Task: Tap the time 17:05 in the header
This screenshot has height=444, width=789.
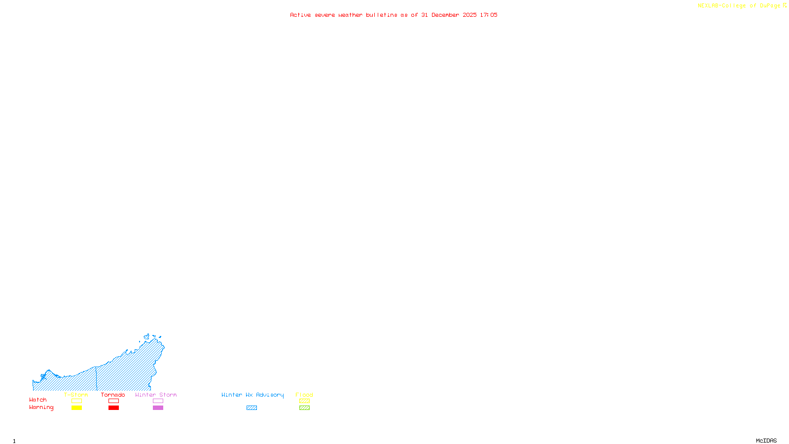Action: (x=488, y=15)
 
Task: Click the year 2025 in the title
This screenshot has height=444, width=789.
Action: (x=469, y=15)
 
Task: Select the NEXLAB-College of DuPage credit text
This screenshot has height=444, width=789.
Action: (x=739, y=6)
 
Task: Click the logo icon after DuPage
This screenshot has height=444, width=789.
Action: (x=785, y=5)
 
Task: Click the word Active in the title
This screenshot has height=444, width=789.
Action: (x=300, y=15)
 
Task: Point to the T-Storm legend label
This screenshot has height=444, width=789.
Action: (x=76, y=395)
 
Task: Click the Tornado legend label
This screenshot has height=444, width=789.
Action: (x=113, y=395)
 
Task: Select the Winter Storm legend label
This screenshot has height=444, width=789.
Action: (x=156, y=395)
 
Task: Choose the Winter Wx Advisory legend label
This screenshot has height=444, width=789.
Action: (x=252, y=395)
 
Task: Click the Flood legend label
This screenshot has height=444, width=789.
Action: (x=304, y=395)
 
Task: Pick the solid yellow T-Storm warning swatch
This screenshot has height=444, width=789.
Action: (x=76, y=408)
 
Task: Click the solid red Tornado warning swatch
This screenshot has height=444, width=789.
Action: (x=114, y=408)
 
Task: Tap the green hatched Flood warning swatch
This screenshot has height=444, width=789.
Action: (x=305, y=408)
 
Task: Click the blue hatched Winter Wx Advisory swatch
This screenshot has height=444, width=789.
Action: (x=251, y=408)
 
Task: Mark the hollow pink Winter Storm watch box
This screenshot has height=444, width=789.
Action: (x=158, y=401)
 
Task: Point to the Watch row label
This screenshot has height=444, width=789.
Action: (x=38, y=400)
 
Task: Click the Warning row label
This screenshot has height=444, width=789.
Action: (x=41, y=407)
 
